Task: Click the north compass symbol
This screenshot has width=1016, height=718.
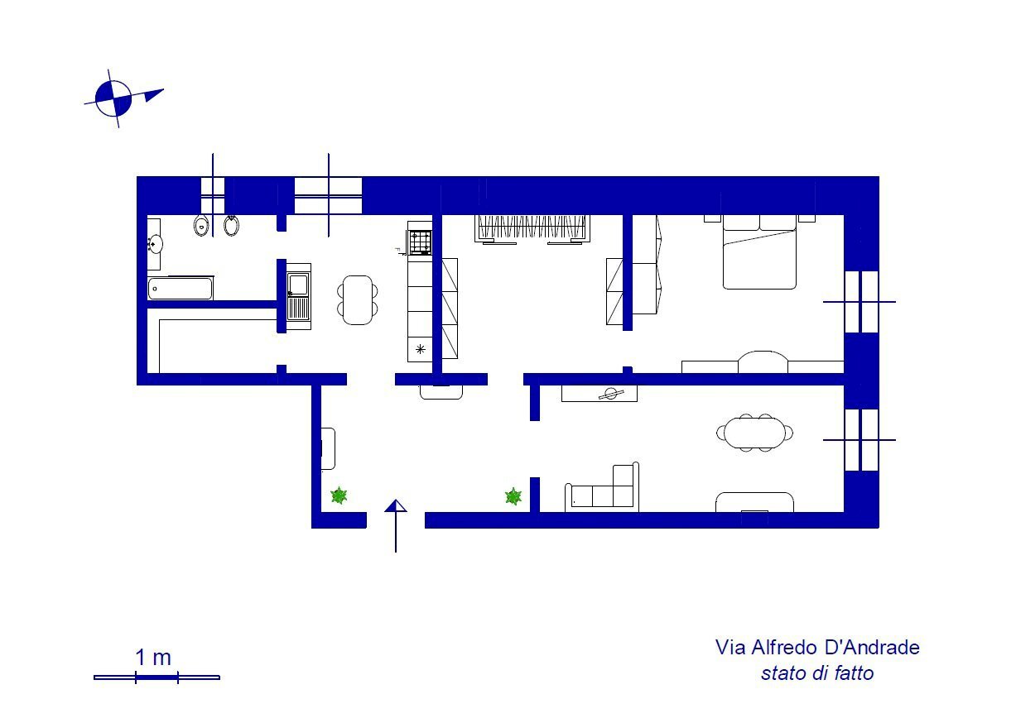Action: click(x=114, y=98)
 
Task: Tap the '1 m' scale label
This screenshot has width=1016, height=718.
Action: click(x=153, y=658)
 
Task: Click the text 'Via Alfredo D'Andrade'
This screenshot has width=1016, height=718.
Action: click(x=817, y=647)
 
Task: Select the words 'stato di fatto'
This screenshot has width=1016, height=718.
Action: click(x=817, y=673)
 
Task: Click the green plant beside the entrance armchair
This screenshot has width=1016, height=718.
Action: click(x=339, y=495)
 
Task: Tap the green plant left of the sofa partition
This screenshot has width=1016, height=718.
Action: click(x=513, y=496)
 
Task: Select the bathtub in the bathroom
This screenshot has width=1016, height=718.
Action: click(x=181, y=288)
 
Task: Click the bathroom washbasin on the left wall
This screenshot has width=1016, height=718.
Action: click(x=155, y=243)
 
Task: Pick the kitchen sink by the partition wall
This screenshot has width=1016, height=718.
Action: click(x=297, y=295)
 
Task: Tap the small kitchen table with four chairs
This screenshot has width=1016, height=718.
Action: click(x=358, y=299)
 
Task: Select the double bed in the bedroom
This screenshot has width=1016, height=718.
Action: click(x=760, y=253)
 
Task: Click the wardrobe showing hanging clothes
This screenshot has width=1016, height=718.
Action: click(x=532, y=228)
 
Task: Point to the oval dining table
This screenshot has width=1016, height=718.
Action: click(x=754, y=432)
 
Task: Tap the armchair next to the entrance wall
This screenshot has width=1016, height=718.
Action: click(x=328, y=448)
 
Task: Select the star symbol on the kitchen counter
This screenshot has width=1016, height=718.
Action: click(x=420, y=348)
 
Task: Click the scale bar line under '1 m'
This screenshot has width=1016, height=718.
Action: click(x=156, y=677)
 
